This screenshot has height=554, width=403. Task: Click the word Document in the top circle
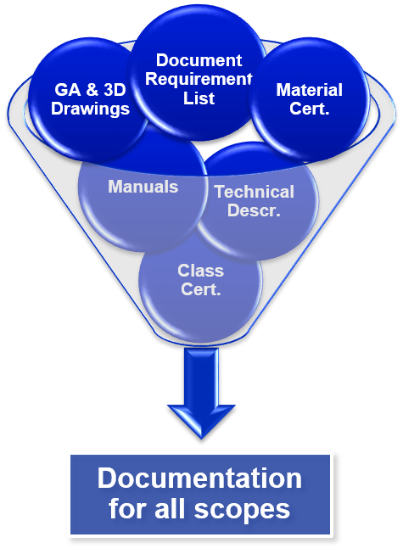coord(199,61)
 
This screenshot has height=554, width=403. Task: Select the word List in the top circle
coord(199,98)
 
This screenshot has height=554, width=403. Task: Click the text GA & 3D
coord(92,90)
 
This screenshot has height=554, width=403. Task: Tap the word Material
coord(310,90)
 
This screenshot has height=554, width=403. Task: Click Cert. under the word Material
coord(310,109)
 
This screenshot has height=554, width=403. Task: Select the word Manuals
coord(143,187)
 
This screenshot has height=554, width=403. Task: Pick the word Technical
coord(254,192)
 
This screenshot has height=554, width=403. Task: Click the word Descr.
coord(254,210)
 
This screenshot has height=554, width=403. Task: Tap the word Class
coord(200,271)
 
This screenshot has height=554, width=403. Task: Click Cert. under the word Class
coord(200,290)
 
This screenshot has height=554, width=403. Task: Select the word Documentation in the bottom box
coord(199,478)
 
